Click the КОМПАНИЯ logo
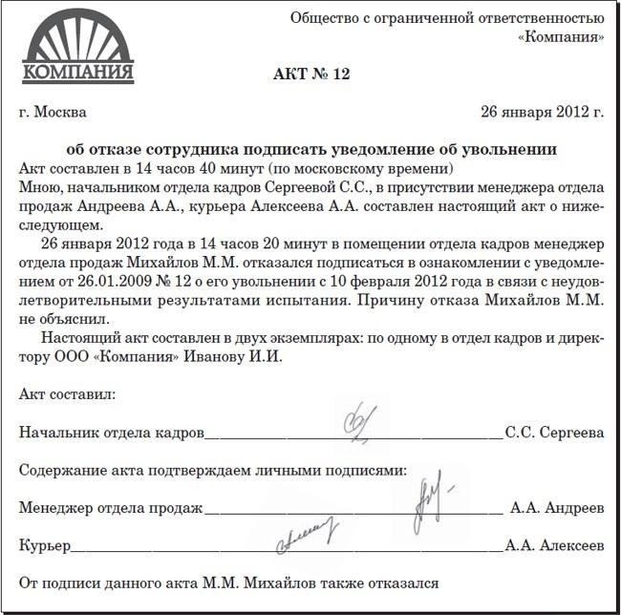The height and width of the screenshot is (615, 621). [x=77, y=53]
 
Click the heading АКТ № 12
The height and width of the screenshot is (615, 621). [x=310, y=74]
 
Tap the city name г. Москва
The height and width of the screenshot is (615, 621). [x=53, y=112]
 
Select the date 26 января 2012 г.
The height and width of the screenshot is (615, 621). [x=542, y=112]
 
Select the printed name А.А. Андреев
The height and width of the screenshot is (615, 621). [x=557, y=508]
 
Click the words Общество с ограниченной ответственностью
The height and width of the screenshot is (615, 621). [x=446, y=18]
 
